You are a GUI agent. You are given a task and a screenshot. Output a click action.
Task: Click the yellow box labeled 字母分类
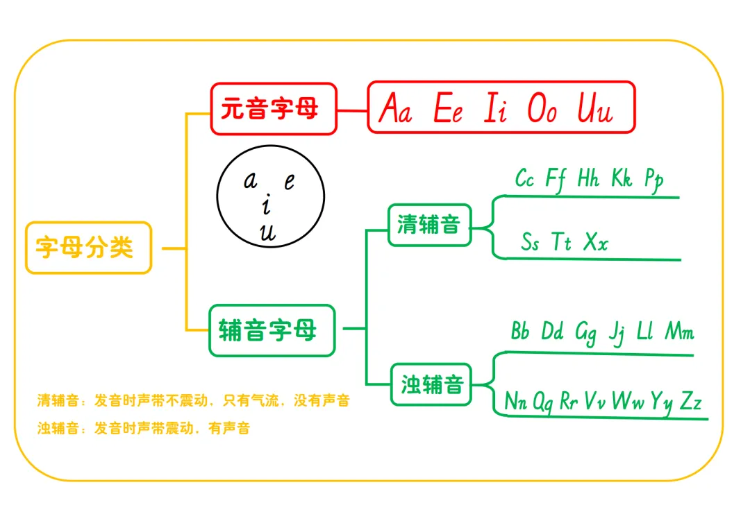pyautogui.click(x=88, y=248)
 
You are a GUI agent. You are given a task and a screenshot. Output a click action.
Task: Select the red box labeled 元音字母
pyautogui.click(x=273, y=108)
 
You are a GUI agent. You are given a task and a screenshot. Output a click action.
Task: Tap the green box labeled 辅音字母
pyautogui.click(x=272, y=330)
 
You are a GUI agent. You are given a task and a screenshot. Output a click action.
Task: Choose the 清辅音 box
pyautogui.click(x=429, y=225)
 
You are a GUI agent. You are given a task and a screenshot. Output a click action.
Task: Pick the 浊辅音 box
pyautogui.click(x=431, y=384)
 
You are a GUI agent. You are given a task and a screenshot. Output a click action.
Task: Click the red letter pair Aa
pyautogui.click(x=395, y=110)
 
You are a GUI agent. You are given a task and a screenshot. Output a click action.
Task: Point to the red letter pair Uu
pyautogui.click(x=595, y=110)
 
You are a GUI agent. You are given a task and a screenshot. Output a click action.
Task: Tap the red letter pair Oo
pyautogui.click(x=542, y=110)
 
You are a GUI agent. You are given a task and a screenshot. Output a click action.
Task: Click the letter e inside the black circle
pyautogui.click(x=290, y=182)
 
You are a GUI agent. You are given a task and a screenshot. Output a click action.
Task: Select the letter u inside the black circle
pyautogui.click(x=267, y=233)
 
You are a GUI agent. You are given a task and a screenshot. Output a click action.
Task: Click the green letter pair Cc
pyautogui.click(x=524, y=178)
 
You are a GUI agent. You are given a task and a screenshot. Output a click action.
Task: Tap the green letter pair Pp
pyautogui.click(x=653, y=179)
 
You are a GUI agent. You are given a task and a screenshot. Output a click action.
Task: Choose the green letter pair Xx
pyautogui.click(x=595, y=242)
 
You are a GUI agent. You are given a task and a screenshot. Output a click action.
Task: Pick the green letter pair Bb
pyautogui.click(x=520, y=331)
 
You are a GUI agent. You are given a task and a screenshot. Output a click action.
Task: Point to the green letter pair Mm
pyautogui.click(x=679, y=332)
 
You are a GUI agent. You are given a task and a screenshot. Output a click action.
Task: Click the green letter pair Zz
pyautogui.click(x=690, y=401)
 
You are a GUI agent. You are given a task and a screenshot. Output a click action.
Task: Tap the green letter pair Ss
pyautogui.click(x=530, y=242)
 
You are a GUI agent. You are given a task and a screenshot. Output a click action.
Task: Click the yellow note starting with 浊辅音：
pyautogui.click(x=143, y=428)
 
